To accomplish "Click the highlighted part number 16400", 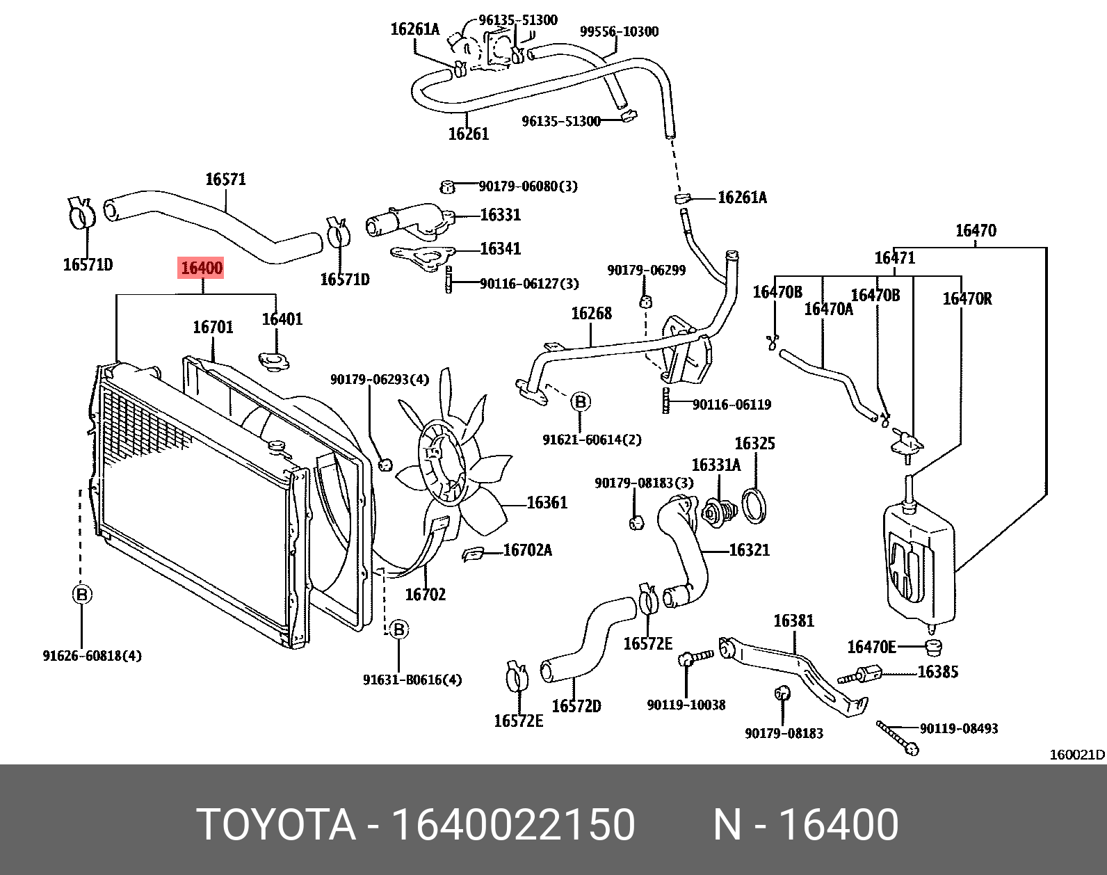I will point(202,268).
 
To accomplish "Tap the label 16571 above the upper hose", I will point(225,179).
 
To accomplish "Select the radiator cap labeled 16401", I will point(274,362).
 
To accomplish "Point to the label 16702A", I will point(527,550).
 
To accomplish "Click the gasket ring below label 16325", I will point(754,505).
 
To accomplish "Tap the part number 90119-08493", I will point(958,728).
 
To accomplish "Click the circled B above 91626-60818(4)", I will point(82,595).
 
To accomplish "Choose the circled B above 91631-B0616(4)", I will point(398,629).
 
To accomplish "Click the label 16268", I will point(591,314).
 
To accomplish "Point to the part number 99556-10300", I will point(619,31).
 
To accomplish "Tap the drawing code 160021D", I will point(1076,755).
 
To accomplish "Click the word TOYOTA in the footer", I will point(276,825).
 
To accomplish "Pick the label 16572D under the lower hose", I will point(576,706).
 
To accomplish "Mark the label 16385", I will point(937,672).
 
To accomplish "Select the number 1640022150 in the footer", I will point(513,825).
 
